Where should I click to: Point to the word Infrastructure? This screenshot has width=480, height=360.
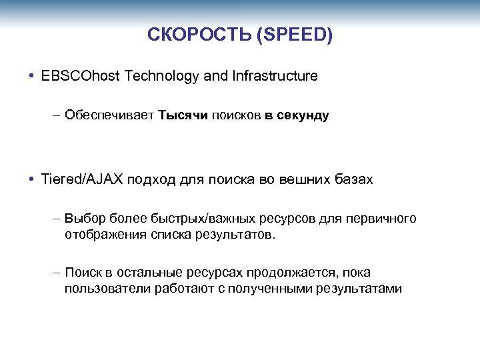pos(275,76)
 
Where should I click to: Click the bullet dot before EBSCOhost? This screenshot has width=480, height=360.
pos(32,76)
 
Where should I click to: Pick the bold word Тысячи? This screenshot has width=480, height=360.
pos(183,115)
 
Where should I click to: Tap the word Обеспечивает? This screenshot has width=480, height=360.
pos(109,115)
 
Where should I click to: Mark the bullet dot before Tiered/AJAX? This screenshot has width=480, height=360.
pos(32,179)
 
